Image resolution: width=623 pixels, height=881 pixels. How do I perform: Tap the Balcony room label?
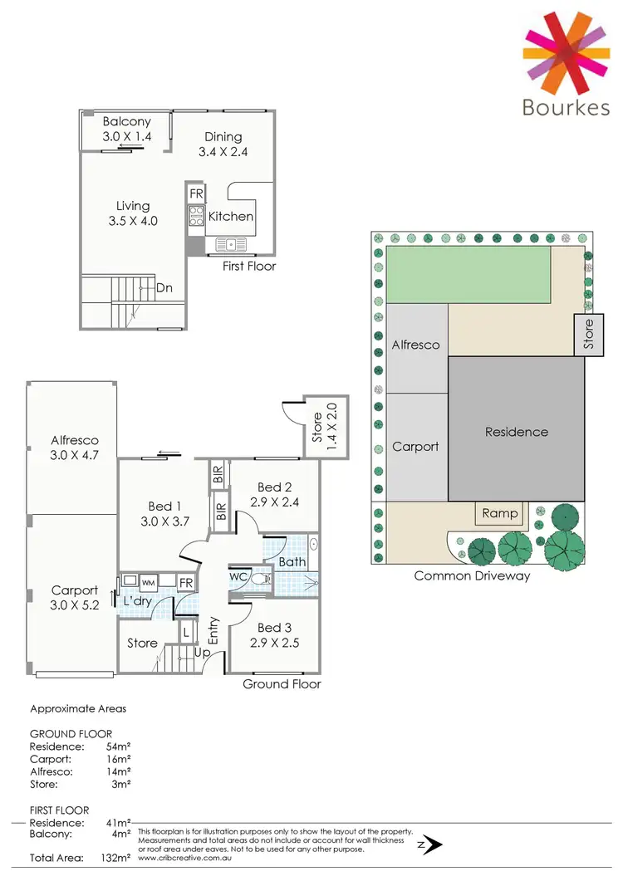pyautogui.click(x=127, y=121)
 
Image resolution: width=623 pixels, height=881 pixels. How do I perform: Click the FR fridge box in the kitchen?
pyautogui.click(x=196, y=193)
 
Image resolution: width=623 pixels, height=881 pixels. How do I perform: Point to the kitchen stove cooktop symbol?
pyautogui.click(x=197, y=216)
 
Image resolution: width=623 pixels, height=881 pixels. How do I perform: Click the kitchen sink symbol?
pyautogui.click(x=230, y=244)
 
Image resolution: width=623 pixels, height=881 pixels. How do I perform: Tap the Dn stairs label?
pyautogui.click(x=164, y=288)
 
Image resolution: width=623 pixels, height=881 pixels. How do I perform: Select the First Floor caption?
pyautogui.click(x=249, y=266)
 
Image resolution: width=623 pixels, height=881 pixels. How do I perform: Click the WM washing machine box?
pyautogui.click(x=149, y=581)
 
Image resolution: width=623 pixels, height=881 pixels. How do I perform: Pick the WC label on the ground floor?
pyautogui.click(x=237, y=575)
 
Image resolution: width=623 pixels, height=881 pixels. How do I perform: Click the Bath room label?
pyautogui.click(x=292, y=561)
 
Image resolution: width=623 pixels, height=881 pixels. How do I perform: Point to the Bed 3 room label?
pyautogui.click(x=274, y=628)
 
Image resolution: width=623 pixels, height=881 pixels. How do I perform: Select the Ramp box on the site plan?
pyautogui.click(x=500, y=513)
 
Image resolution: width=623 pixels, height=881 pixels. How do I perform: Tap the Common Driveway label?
pyautogui.click(x=472, y=575)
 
